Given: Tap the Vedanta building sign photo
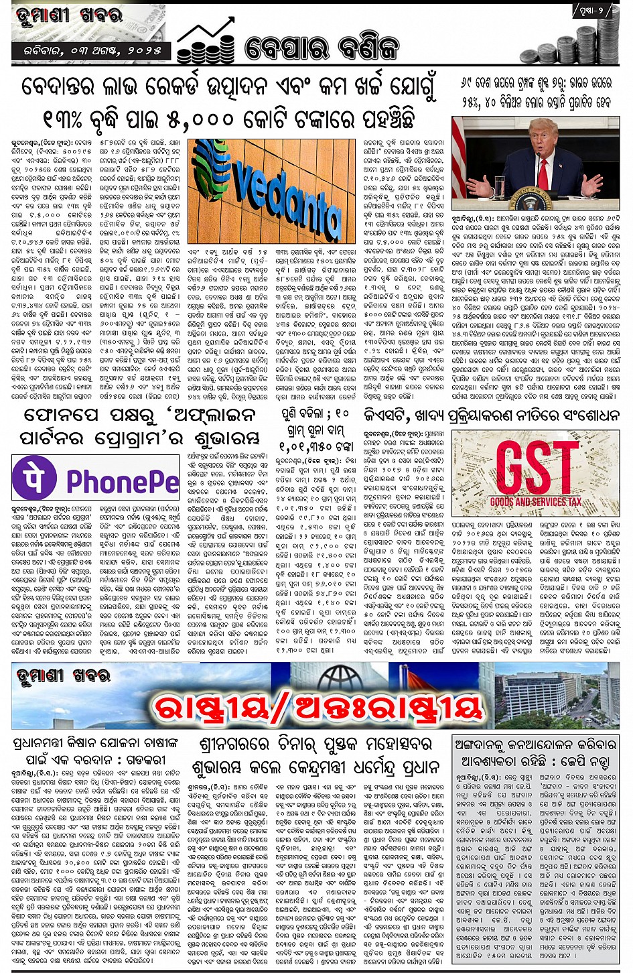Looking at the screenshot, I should point(272,192).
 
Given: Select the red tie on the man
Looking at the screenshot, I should point(544,174).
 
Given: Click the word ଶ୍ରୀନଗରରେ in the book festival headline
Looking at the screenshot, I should point(234,744).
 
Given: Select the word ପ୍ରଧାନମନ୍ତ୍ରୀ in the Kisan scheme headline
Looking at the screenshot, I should point(46,744).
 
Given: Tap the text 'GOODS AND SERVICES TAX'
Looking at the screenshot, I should point(535,501).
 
